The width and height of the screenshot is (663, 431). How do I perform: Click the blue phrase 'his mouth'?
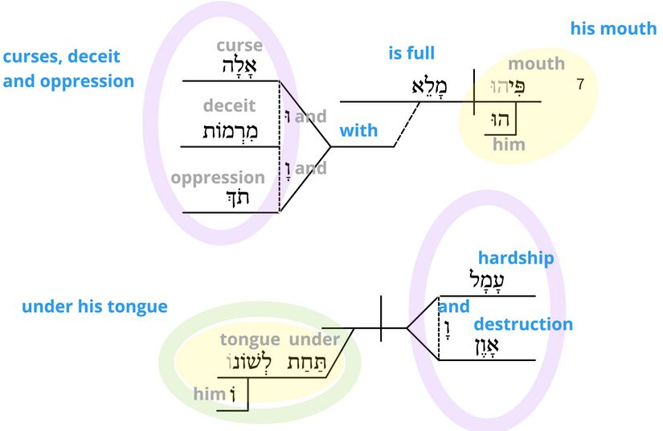pyautogui.click(x=613, y=29)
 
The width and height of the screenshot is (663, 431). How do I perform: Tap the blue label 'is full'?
pyautogui.click(x=411, y=54)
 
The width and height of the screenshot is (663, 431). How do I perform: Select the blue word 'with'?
pyautogui.click(x=358, y=130)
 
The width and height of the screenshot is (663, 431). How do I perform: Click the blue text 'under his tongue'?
pyautogui.click(x=95, y=306)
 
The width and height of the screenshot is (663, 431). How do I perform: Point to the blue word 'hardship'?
pyautogui.click(x=516, y=258)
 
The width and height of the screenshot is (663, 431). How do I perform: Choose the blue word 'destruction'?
pyautogui.click(x=523, y=325)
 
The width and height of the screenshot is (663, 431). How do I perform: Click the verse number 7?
pyautogui.click(x=581, y=83)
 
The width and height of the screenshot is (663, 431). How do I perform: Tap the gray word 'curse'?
pyautogui.click(x=239, y=47)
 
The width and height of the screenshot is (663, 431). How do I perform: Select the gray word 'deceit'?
pyautogui.click(x=229, y=106)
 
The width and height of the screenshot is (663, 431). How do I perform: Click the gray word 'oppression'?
pyautogui.click(x=218, y=178)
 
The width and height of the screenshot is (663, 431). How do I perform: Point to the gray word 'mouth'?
pyautogui.click(x=537, y=64)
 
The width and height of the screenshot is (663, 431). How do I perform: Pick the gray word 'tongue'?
pyautogui.click(x=250, y=340)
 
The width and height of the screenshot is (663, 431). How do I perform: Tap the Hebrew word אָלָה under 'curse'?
pyautogui.click(x=239, y=66)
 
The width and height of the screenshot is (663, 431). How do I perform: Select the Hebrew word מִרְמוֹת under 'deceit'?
pyautogui.click(x=229, y=130)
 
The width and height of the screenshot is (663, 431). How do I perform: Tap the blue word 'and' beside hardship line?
pyautogui.click(x=454, y=306)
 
